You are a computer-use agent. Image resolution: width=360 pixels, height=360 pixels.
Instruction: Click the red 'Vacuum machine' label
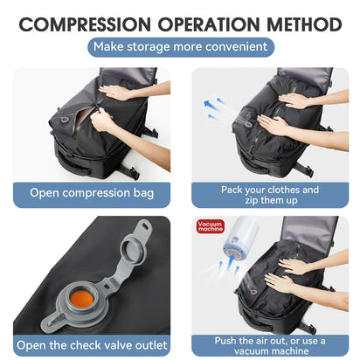[x=211, y=226]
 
